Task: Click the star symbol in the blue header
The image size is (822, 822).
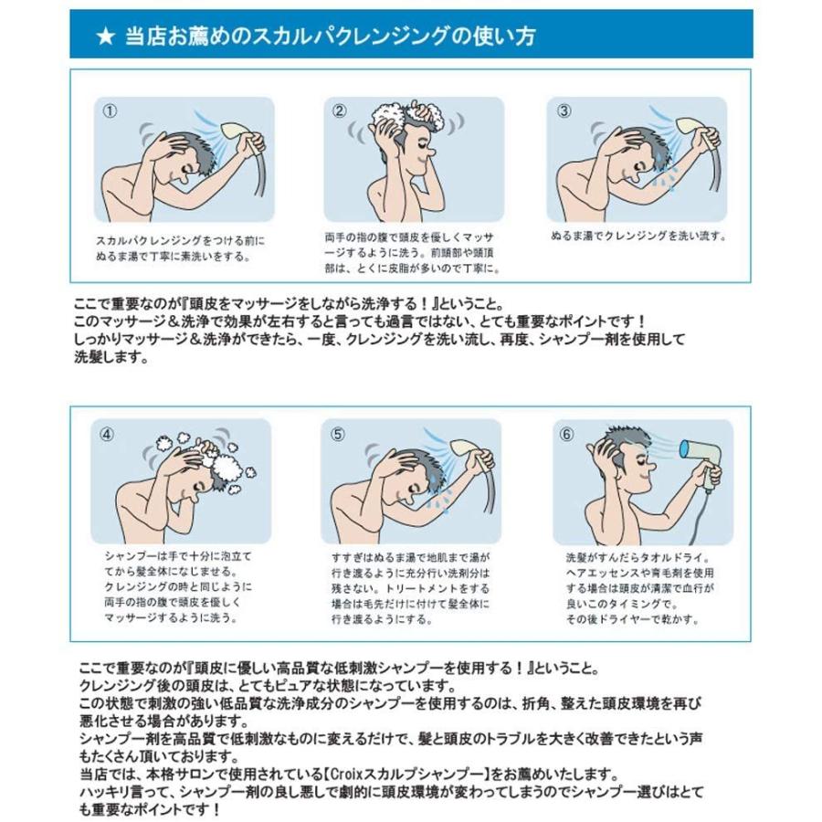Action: point(105,37)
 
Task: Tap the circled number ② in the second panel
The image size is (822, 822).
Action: point(340,111)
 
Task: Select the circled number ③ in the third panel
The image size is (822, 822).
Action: point(564,111)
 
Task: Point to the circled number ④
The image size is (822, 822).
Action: point(109,434)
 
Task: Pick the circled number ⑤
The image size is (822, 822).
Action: point(338,434)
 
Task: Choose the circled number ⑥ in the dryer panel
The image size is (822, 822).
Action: point(566,434)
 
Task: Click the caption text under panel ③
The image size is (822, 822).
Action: point(638,236)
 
